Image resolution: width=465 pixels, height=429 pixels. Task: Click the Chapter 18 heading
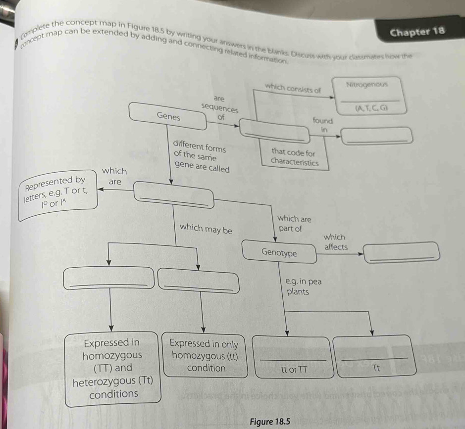coord(417,32)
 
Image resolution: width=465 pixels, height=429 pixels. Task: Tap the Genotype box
coord(280,252)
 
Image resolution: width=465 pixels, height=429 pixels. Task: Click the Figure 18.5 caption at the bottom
coord(270,421)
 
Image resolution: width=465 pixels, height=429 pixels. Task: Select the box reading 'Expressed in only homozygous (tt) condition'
coord(205,356)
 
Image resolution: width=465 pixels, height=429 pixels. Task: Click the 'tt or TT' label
coord(294,369)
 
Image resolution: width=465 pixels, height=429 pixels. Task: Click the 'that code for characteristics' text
coord(295,157)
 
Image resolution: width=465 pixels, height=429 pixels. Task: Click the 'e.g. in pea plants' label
coord(304,286)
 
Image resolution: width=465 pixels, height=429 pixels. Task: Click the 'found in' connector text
coord(323,124)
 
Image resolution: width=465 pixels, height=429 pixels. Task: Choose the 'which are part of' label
coord(294,224)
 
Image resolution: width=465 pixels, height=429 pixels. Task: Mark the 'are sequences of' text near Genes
coord(220,106)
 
